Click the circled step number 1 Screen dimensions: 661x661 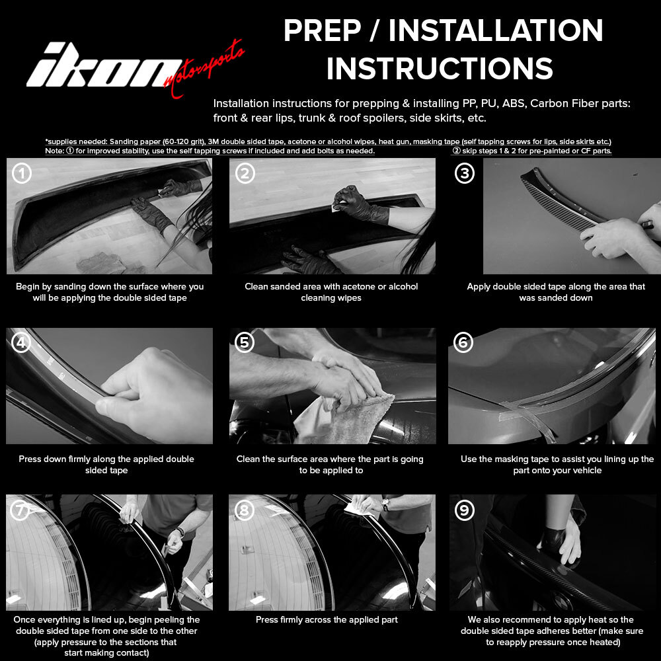point(22,173)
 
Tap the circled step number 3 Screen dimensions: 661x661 point(465,173)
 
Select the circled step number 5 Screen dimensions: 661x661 point(245,342)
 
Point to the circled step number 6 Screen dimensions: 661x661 point(463,342)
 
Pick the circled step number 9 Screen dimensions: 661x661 point(465,510)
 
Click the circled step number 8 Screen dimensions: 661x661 point(245,510)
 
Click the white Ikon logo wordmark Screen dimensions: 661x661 point(103,65)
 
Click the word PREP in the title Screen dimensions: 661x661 point(322,30)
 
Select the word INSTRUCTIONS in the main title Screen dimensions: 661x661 point(440,68)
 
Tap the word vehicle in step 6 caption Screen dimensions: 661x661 point(586,471)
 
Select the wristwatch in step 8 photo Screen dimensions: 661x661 point(385,504)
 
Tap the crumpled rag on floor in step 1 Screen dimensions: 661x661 point(103,264)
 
